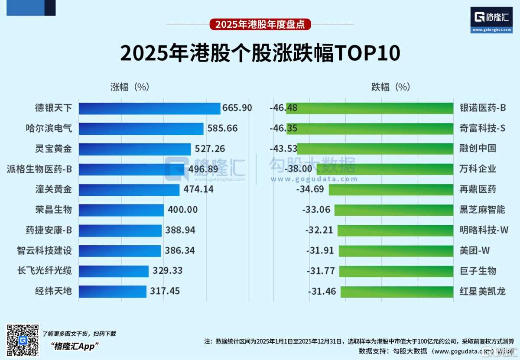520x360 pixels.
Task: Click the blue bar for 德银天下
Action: pyautogui.click(x=149, y=108)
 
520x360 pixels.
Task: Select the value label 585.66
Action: pyautogui.click(x=222, y=128)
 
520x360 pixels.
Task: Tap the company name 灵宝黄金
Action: pyautogui.click(x=54, y=149)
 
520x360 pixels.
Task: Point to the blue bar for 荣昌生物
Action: pyautogui.click(x=121, y=210)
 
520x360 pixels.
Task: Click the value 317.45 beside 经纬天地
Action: pyautogui.click(x=165, y=291)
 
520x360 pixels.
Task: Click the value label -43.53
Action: pyautogui.click(x=283, y=149)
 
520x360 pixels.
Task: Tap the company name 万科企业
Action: pyautogui.click(x=478, y=169)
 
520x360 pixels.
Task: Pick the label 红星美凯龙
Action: pyautogui.click(x=482, y=291)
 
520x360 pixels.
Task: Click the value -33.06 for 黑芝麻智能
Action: pyautogui.click(x=316, y=210)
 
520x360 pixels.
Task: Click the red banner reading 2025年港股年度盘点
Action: pyautogui.click(x=260, y=24)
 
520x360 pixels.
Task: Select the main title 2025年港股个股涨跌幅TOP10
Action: pyautogui.click(x=260, y=54)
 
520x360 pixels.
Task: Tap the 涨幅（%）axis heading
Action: pyautogui.click(x=130, y=87)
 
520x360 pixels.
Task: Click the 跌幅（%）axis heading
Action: pyautogui.click(x=390, y=87)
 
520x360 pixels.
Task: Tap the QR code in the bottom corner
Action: pyautogui.click(x=23, y=340)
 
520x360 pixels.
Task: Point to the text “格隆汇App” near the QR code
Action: pyautogui.click(x=75, y=346)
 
